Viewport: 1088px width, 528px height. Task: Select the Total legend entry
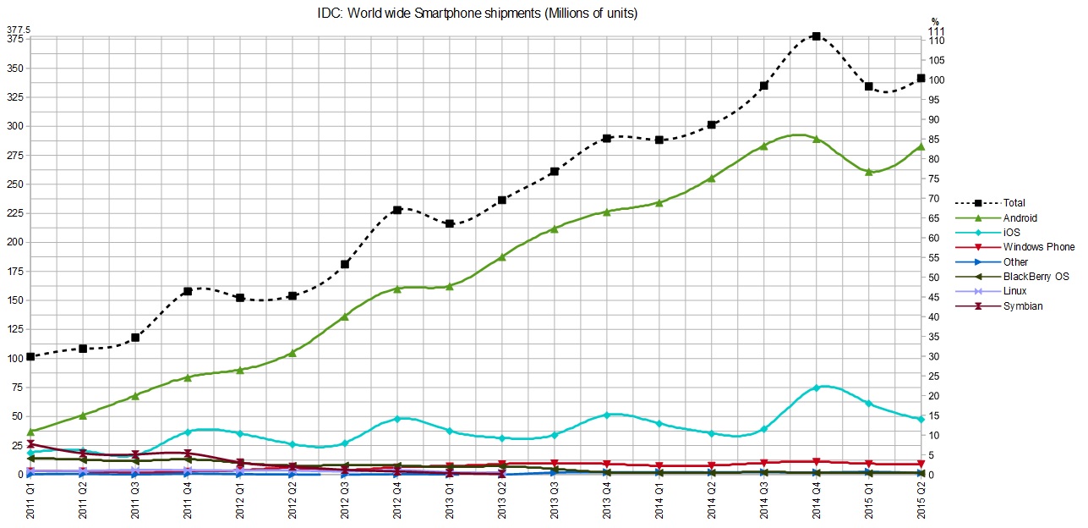tap(1014, 203)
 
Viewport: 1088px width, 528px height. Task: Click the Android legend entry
tap(1020, 218)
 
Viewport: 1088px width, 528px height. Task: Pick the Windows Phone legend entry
tap(1039, 247)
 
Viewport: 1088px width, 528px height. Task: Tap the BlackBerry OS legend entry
tap(1036, 277)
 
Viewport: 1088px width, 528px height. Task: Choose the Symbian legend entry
tap(1022, 306)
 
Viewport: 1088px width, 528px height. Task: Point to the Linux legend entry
tap(1014, 291)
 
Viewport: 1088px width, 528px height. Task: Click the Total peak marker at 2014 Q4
tap(816, 36)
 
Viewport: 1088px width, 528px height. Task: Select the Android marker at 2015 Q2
tap(921, 146)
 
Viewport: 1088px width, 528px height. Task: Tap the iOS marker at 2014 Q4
tap(816, 388)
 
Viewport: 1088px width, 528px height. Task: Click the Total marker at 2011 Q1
tap(30, 356)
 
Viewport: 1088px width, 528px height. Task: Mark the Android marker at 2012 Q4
tap(396, 289)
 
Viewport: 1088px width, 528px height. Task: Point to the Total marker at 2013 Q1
tap(449, 223)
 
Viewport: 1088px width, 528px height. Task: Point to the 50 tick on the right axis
tap(933, 278)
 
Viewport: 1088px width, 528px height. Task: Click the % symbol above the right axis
tap(935, 21)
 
